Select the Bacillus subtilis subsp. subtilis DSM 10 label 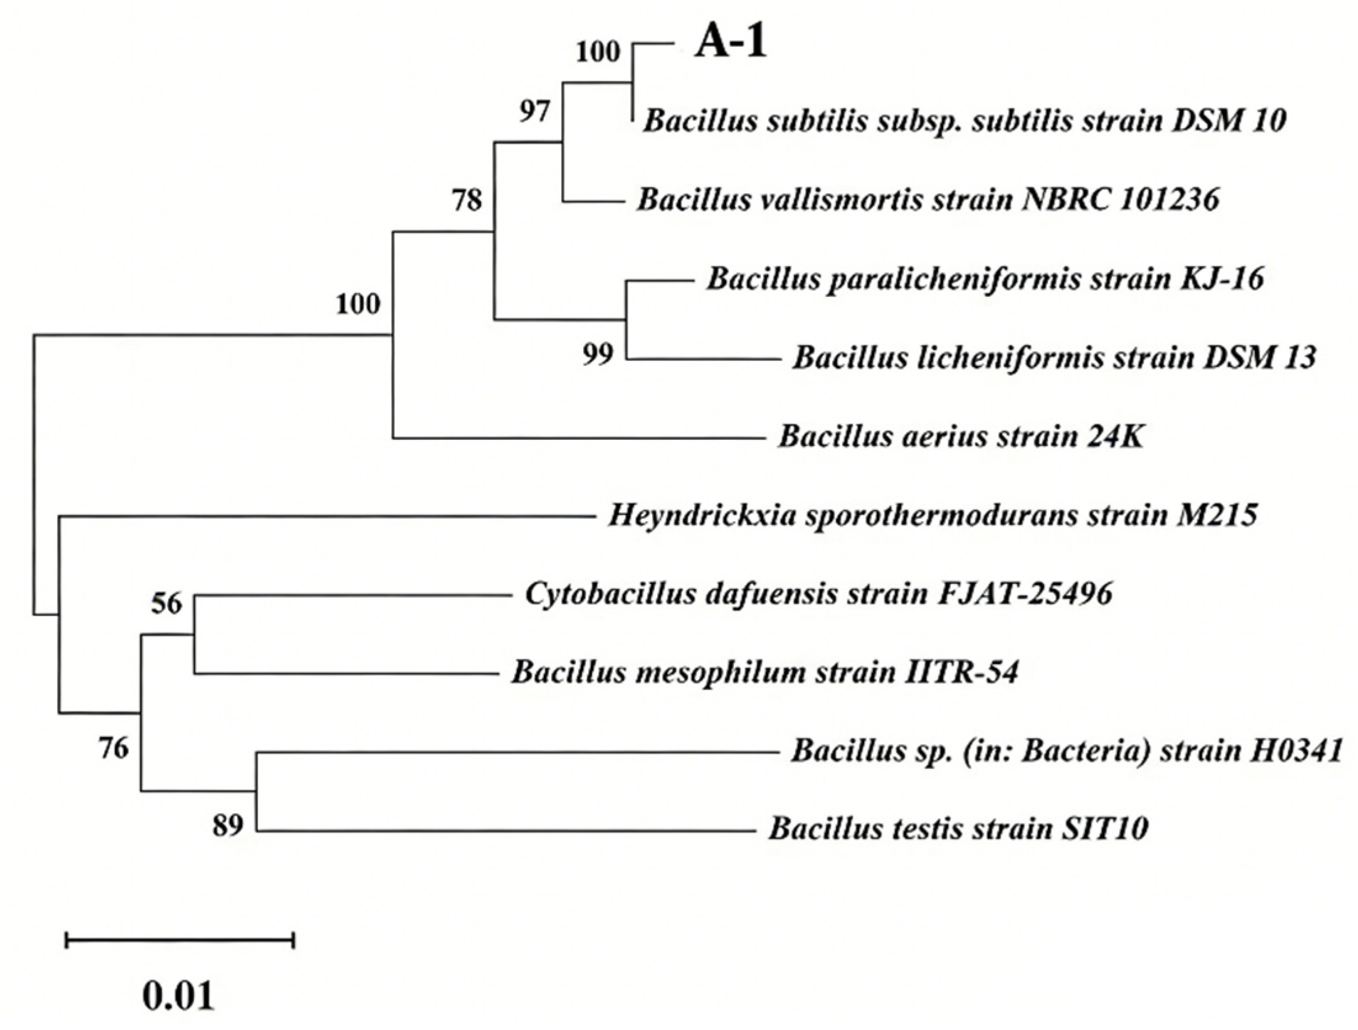point(964,121)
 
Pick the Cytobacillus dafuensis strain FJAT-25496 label point(818,595)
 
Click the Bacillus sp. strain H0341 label point(1066,752)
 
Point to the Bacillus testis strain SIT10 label point(958,829)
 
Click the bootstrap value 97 point(533,112)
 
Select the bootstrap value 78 point(467,200)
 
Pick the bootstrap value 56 point(167,604)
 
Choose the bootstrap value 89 point(228,825)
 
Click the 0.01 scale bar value point(179,996)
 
